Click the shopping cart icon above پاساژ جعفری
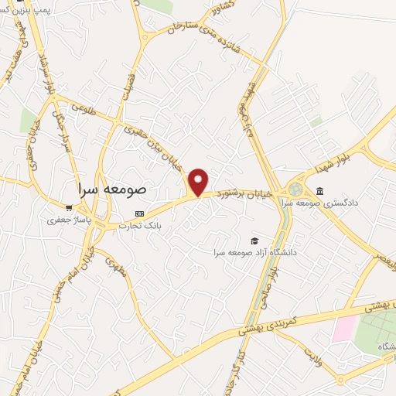pos(69,207)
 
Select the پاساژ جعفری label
pos(68,220)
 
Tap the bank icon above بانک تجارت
pos(139,213)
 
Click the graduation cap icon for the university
pos(254,241)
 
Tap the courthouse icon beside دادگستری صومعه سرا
pos(320,191)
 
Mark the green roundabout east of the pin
pos(296,189)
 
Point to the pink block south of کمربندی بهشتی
pos(343,328)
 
